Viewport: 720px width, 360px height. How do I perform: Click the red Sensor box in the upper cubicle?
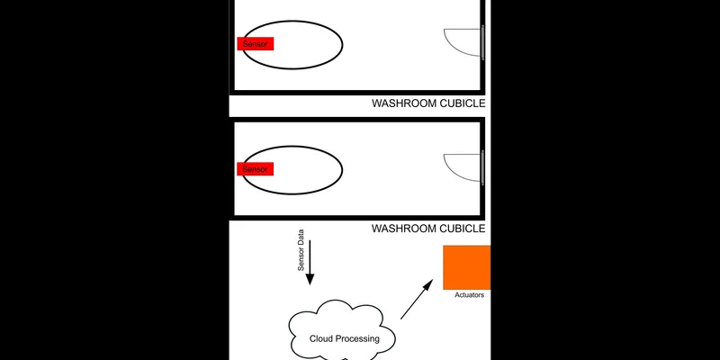click(255, 43)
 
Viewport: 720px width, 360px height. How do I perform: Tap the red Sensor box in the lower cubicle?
click(255, 169)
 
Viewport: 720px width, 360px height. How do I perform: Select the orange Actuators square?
click(466, 267)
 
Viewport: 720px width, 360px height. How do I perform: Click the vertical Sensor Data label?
click(301, 251)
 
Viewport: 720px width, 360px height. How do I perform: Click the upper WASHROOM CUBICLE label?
click(428, 104)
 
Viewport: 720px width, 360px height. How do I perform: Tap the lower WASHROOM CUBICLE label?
click(428, 229)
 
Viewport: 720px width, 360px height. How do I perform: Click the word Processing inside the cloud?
click(358, 338)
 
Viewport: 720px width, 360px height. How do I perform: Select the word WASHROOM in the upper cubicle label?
click(404, 104)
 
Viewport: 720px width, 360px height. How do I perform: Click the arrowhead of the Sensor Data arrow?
click(310, 279)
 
